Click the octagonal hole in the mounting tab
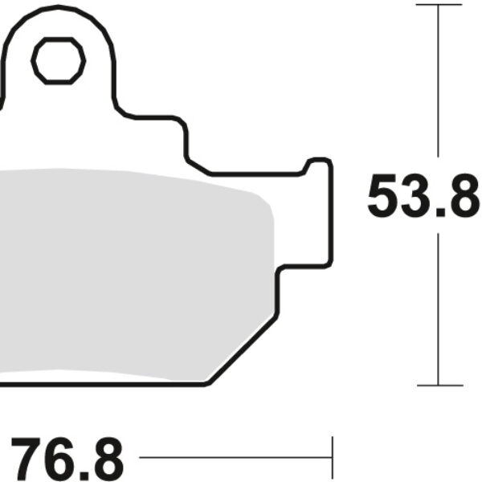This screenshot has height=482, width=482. coord(59,60)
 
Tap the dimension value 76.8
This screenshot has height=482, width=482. coord(68,460)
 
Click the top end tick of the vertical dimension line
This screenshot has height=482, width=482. coord(439,5)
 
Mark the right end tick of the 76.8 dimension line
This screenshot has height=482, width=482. coord(332,460)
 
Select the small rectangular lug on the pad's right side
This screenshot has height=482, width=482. coord(317,213)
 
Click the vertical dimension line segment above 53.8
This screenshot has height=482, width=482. coord(439,80)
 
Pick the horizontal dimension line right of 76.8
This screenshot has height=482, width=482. coord(233,460)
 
